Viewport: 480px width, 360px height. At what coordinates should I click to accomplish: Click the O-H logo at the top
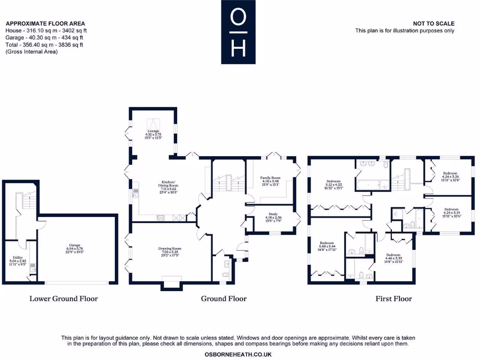point(239,32)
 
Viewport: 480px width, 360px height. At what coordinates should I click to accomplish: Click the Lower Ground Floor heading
point(64,299)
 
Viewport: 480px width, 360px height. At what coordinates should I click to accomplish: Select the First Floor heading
point(394,299)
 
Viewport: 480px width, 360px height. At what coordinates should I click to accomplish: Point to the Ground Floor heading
point(224,299)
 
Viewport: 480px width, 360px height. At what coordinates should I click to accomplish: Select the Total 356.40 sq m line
point(44,45)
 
